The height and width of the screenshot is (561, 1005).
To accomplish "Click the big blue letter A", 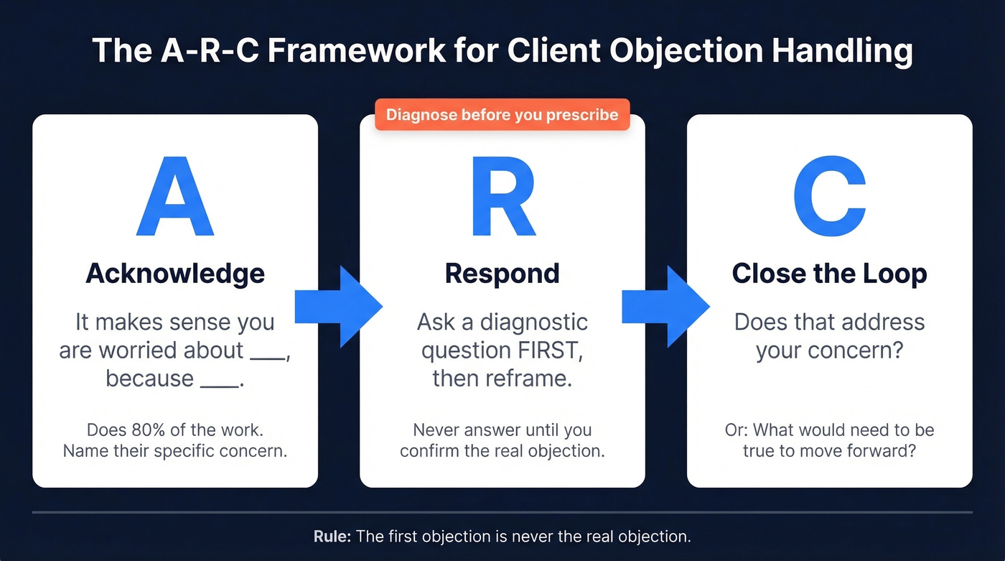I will pyautogui.click(x=174, y=197).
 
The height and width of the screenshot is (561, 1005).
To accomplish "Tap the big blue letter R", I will pyautogui.click(x=502, y=197).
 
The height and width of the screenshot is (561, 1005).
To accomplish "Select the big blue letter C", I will pyautogui.click(x=829, y=197).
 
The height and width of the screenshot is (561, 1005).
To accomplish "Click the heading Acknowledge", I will pyautogui.click(x=174, y=274).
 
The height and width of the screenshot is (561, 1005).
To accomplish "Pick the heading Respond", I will pyautogui.click(x=502, y=274).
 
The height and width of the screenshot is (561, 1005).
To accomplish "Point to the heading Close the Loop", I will pyautogui.click(x=829, y=274).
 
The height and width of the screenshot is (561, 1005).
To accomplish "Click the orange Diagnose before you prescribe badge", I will pyautogui.click(x=502, y=115).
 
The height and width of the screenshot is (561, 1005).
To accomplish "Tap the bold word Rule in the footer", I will pyautogui.click(x=330, y=537).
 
